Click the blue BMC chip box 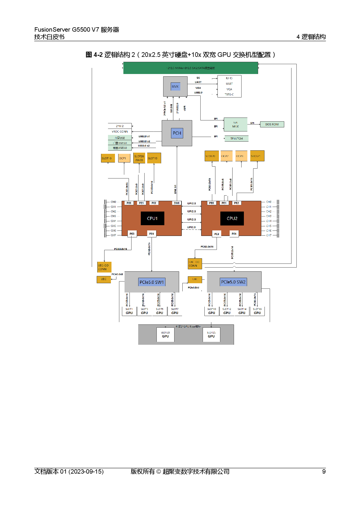point(175,86)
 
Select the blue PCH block point(177,133)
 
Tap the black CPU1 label point(152,219)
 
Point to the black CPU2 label point(232,219)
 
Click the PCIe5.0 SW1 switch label point(152,282)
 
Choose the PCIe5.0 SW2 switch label point(233,282)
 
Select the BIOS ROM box point(272,124)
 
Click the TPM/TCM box point(236,139)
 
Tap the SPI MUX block point(235,124)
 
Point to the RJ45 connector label point(229,78)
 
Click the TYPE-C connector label point(229,95)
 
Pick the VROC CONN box point(120,132)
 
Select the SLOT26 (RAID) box point(139,158)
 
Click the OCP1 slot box point(124,158)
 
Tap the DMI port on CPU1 point(177,203)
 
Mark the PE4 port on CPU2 point(234,234)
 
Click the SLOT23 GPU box point(165,335)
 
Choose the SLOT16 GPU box point(257,311)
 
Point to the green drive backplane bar point(190,68)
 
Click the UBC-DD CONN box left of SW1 point(104,267)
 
